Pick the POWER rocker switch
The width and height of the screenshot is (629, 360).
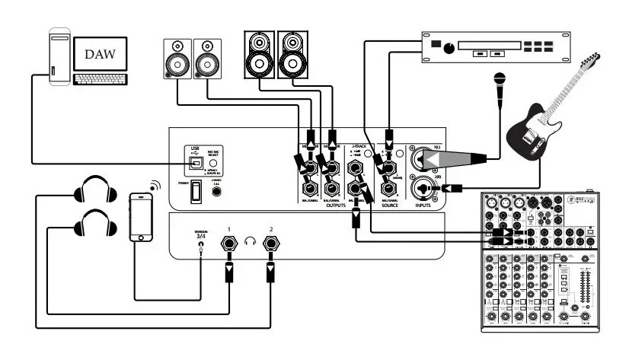(195, 190)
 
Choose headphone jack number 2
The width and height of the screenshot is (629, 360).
(270, 245)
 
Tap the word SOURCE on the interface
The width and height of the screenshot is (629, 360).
(389, 204)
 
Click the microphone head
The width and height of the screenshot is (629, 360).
(500, 78)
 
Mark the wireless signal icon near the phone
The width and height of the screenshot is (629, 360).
(155, 185)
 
